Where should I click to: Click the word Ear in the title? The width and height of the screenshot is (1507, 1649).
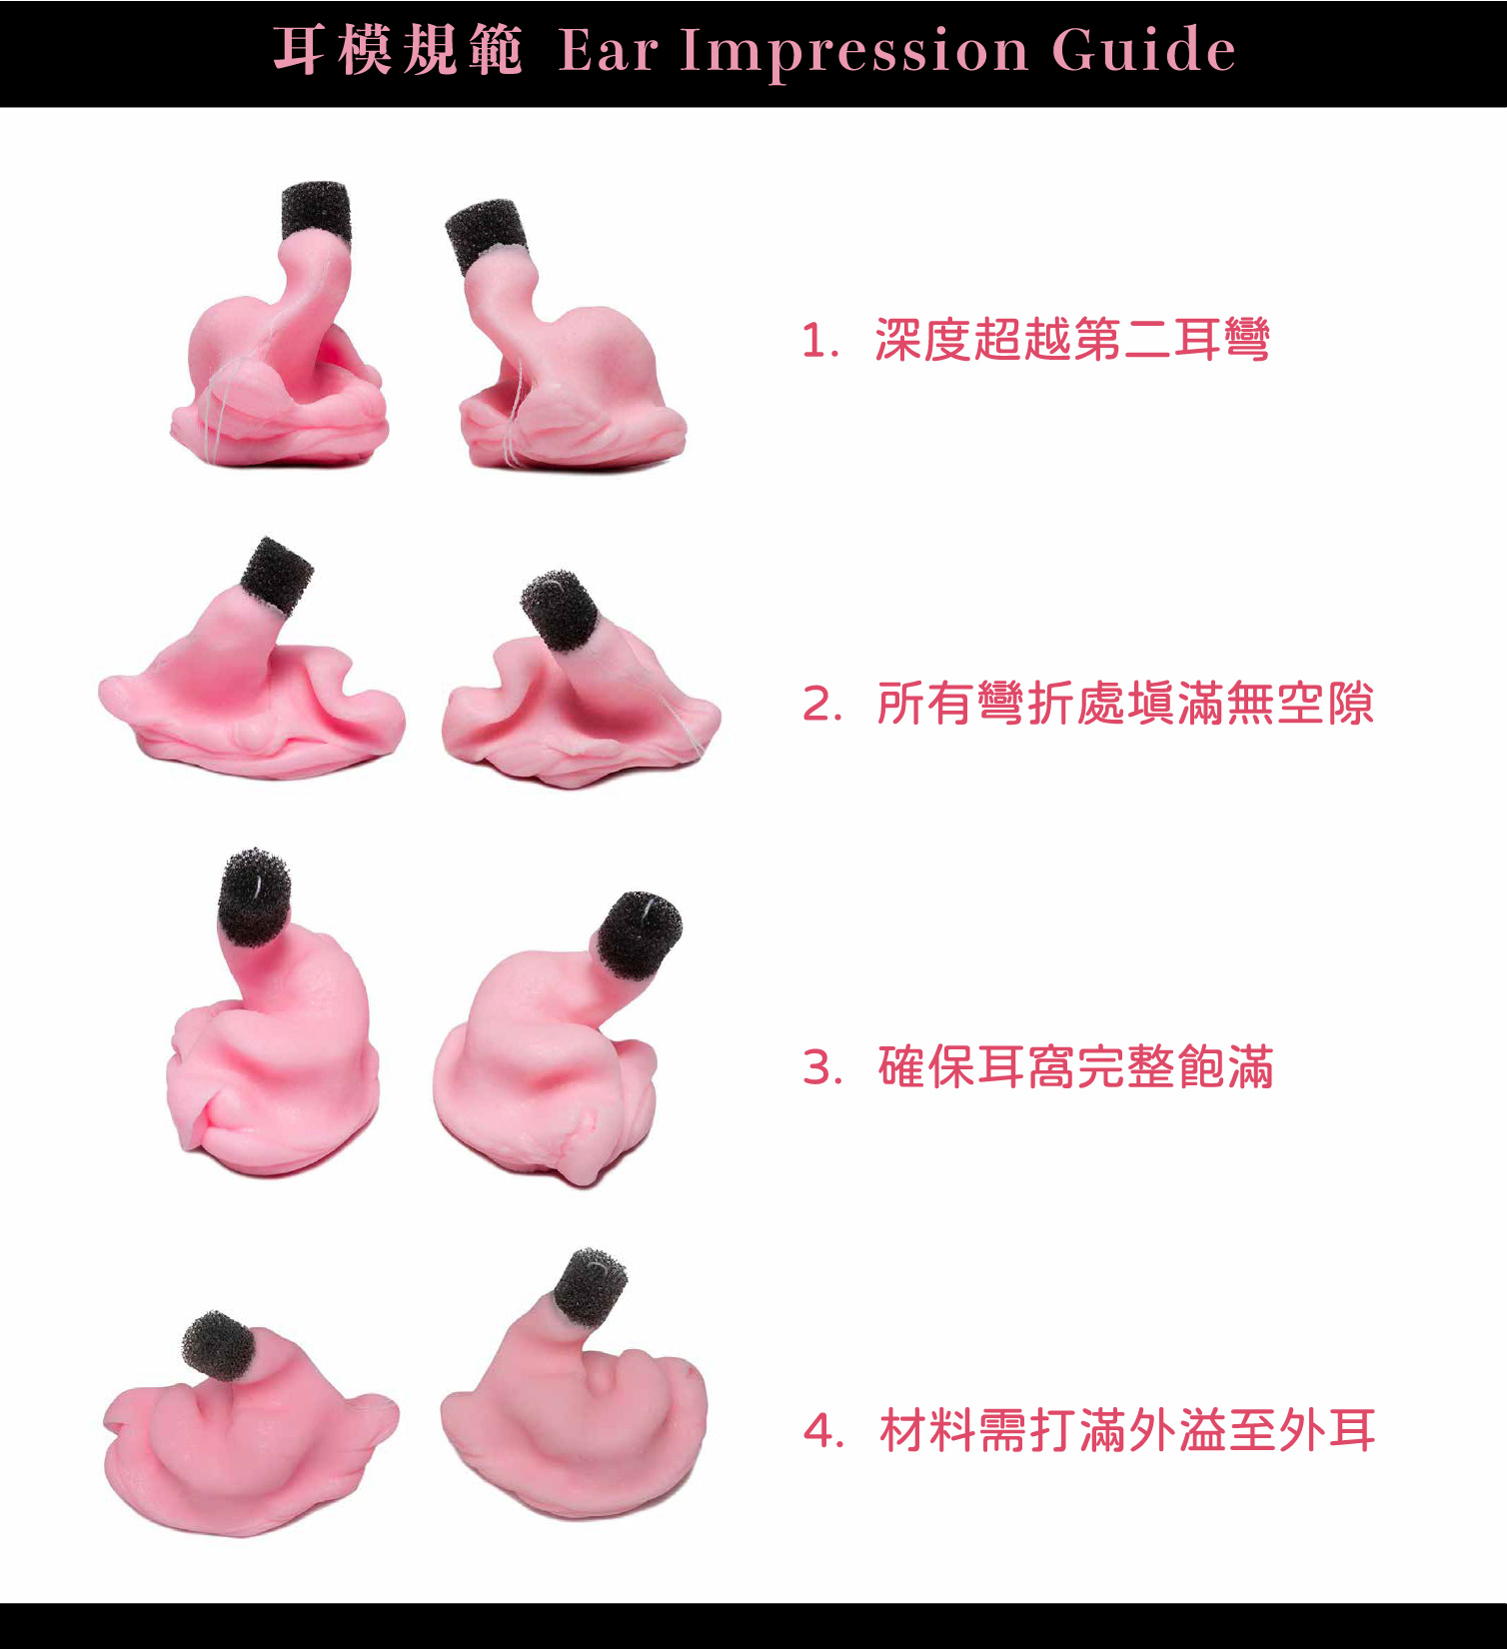coord(608,50)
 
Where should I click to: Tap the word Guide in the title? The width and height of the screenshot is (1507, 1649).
coord(1143,49)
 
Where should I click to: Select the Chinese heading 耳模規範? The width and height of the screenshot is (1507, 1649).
coord(398,50)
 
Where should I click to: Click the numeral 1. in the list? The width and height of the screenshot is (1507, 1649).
coord(819,342)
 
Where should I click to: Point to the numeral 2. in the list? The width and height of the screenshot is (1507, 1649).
coord(821,705)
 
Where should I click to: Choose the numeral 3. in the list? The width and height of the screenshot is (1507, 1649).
coord(821,1068)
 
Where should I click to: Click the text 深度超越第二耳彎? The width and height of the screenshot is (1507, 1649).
coord(1072,340)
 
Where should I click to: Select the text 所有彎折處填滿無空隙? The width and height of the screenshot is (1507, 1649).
coord(1125,704)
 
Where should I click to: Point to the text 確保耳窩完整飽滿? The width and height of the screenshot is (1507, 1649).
coord(1076,1067)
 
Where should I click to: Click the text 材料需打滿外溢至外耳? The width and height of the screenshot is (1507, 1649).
coord(1127,1430)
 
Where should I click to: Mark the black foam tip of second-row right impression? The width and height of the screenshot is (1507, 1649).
coord(561,609)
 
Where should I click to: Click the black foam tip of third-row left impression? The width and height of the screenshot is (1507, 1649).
coord(255,897)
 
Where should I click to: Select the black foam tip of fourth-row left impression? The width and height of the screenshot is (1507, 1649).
coord(220,1344)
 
